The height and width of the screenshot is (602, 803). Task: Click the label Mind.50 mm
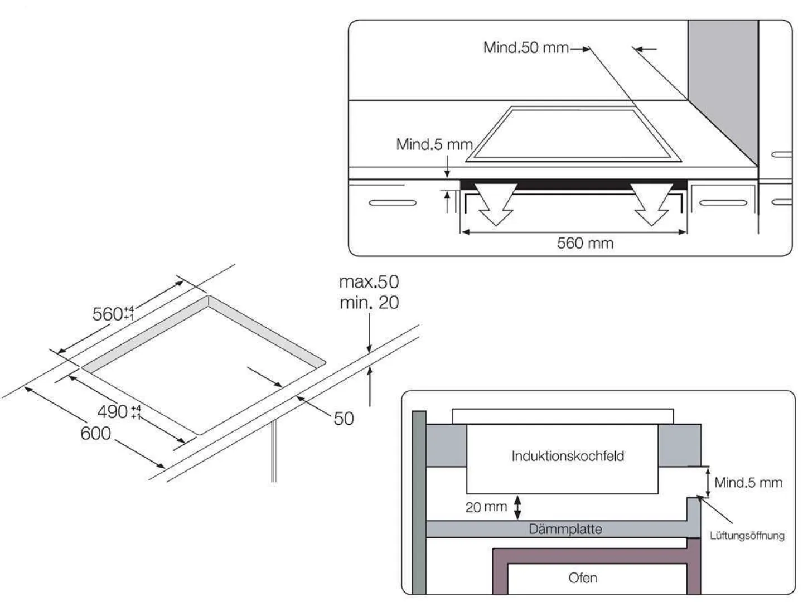coord(525,48)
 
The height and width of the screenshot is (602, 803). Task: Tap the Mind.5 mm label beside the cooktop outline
coord(434,145)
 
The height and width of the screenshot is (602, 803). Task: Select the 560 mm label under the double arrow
coord(585,244)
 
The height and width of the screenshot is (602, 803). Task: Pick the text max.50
coord(369,282)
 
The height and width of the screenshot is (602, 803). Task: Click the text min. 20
coord(369,303)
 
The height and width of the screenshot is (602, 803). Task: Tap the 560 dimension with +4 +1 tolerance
coord(113,314)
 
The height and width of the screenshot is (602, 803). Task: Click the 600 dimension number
coord(96,434)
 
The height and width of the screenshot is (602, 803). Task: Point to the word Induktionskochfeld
coord(568,456)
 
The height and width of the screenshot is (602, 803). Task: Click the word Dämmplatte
coord(565,529)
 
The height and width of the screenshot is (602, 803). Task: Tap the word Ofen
coord(583,578)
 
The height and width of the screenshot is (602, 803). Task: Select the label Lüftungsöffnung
coord(747,536)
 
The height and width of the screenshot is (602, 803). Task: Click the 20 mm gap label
coord(486,507)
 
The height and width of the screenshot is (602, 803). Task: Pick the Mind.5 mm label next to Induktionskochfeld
coord(748,483)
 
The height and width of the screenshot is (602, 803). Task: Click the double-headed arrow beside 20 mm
coord(518,507)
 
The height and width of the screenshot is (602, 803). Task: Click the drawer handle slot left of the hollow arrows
coord(393,202)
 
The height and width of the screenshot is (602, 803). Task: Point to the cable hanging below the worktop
coord(273,452)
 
